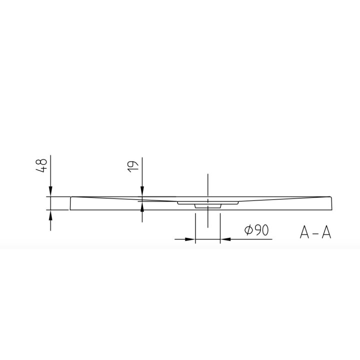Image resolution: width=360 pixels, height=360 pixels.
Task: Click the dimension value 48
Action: pos(41,165)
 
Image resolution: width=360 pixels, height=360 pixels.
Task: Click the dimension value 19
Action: pos(133,166)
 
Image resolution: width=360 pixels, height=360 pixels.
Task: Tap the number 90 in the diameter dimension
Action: pos(261,230)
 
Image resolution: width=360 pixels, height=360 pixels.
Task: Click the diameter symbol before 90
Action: pos(249,230)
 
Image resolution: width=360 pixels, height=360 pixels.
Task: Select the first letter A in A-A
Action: pos(304,232)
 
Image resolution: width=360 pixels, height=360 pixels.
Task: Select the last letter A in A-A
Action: pos(326,232)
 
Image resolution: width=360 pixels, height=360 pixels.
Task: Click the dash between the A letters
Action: pos(315,233)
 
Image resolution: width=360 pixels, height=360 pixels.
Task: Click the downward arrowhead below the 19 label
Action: pos(142,191)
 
